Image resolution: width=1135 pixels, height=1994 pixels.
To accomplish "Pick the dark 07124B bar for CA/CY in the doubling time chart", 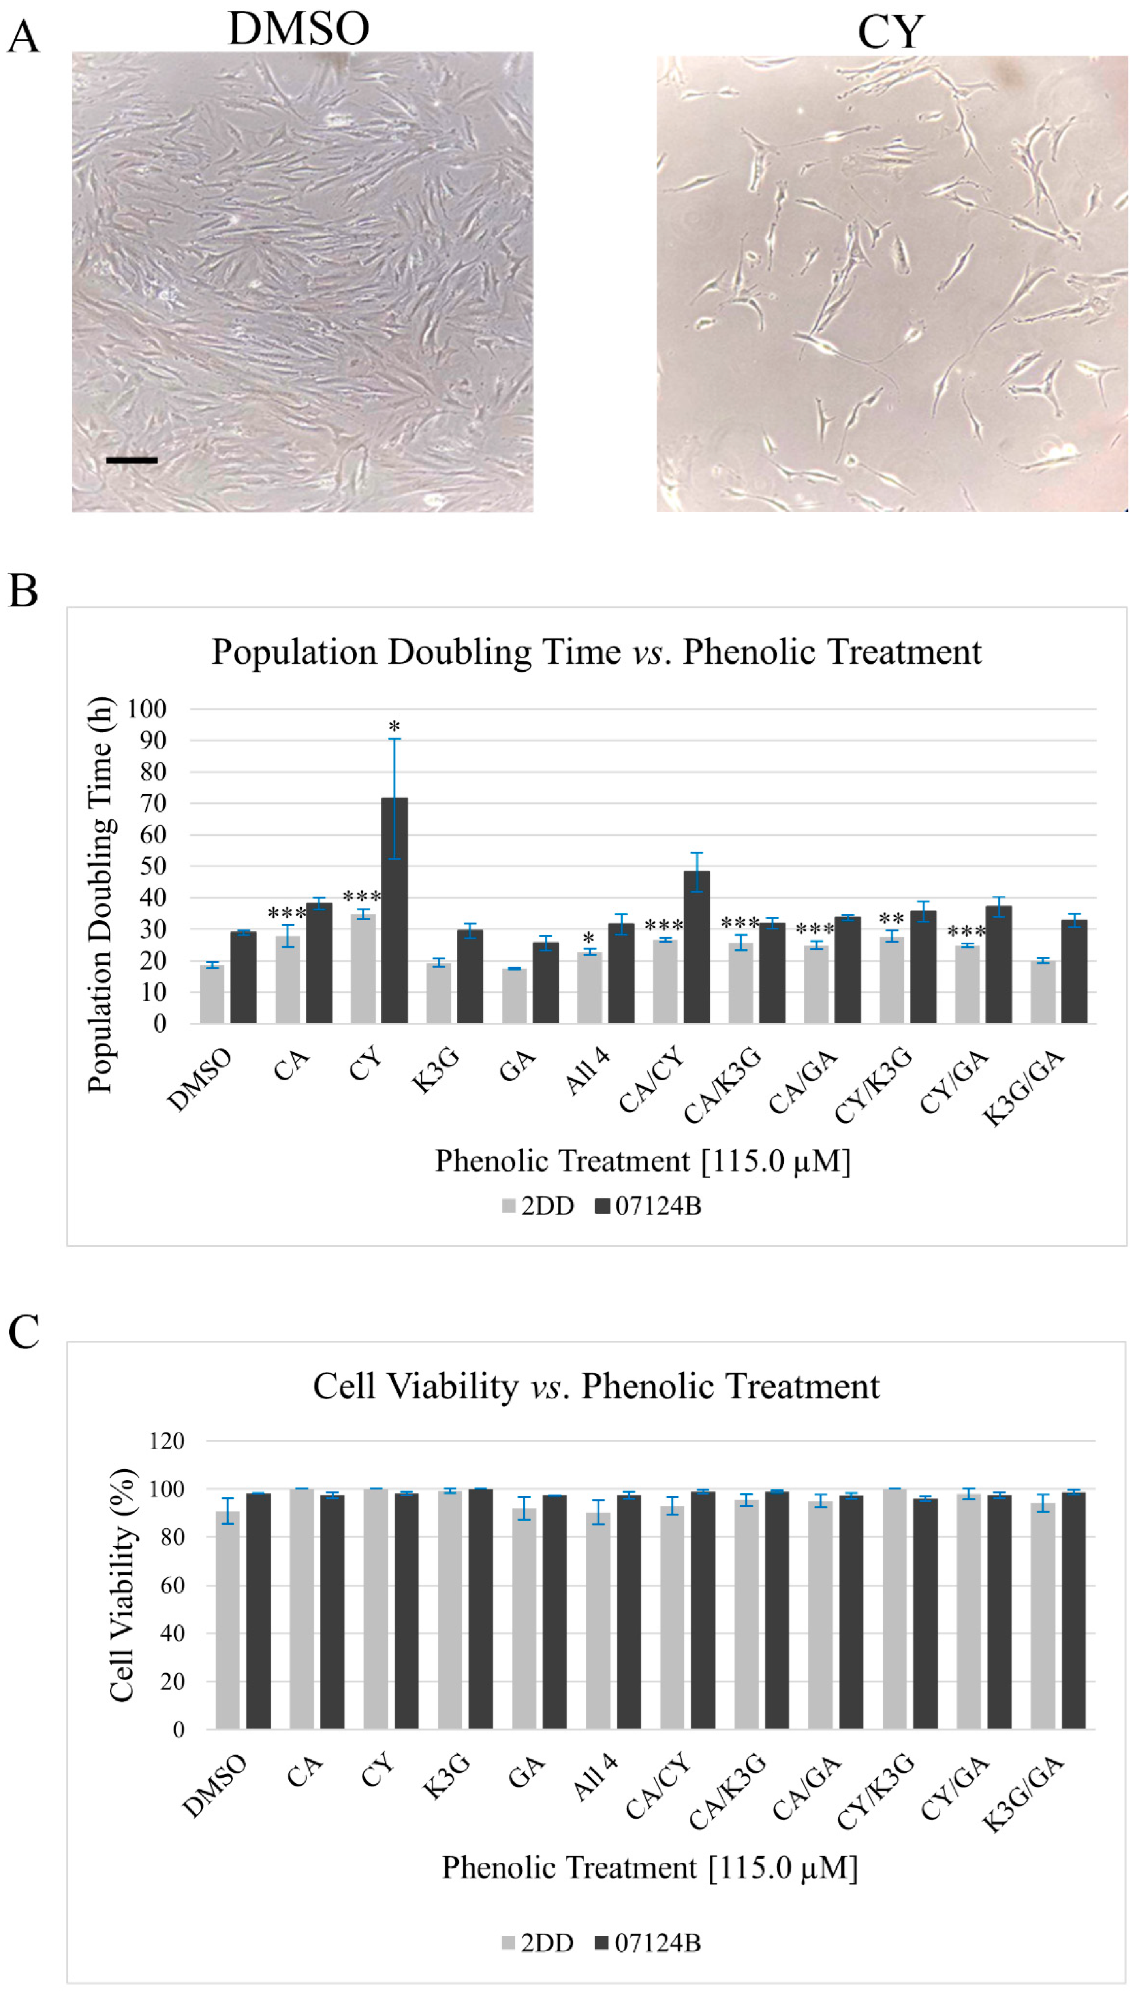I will (x=696, y=947).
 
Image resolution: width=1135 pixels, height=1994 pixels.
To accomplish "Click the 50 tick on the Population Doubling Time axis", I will (x=152, y=866).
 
